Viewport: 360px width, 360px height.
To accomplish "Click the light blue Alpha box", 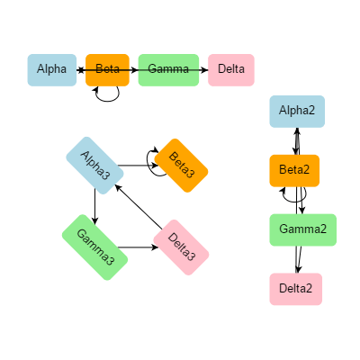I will [51, 69].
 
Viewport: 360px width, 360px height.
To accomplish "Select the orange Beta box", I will [108, 69].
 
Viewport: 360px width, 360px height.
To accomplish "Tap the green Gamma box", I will [168, 69].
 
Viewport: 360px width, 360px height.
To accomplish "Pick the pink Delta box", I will [231, 69].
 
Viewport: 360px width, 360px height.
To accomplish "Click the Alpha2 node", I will [297, 111].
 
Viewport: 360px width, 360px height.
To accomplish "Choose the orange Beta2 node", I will [294, 170].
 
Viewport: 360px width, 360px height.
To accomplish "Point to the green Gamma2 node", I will [302, 229].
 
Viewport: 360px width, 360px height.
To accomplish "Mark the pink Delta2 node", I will [296, 289].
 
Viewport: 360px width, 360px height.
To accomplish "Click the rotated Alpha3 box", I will [95, 165].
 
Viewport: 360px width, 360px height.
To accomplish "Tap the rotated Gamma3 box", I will [95, 247].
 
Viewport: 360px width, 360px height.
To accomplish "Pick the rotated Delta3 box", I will [181, 247].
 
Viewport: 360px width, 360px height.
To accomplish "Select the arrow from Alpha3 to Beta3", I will [137, 166].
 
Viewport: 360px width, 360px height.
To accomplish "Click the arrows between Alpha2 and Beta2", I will [296, 141].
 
